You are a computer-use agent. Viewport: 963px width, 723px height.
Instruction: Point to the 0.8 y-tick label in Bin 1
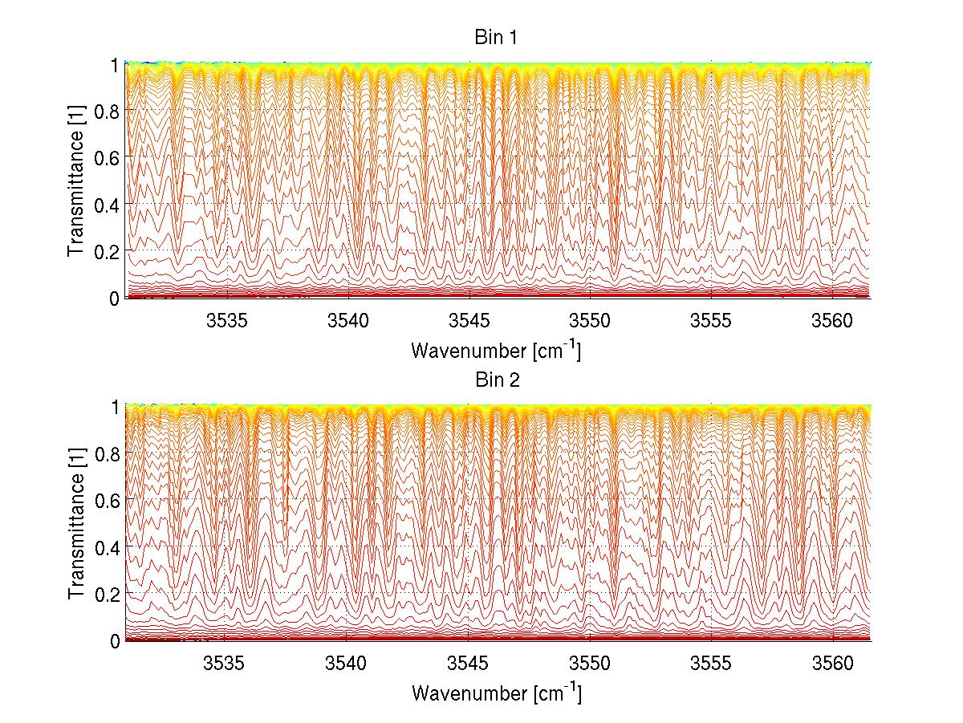click(108, 110)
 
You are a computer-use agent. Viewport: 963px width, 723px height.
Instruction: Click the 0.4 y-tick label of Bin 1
click(108, 204)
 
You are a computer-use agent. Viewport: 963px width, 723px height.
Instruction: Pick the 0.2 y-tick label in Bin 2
click(108, 594)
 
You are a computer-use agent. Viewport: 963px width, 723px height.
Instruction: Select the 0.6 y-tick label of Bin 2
click(108, 500)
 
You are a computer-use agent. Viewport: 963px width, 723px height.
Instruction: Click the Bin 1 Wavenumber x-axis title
click(496, 351)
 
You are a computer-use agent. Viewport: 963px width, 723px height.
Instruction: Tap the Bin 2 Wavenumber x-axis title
click(496, 693)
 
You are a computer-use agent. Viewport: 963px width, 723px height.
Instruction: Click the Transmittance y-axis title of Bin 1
click(76, 181)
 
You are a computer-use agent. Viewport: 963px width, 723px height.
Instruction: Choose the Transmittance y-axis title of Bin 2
click(76, 524)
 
